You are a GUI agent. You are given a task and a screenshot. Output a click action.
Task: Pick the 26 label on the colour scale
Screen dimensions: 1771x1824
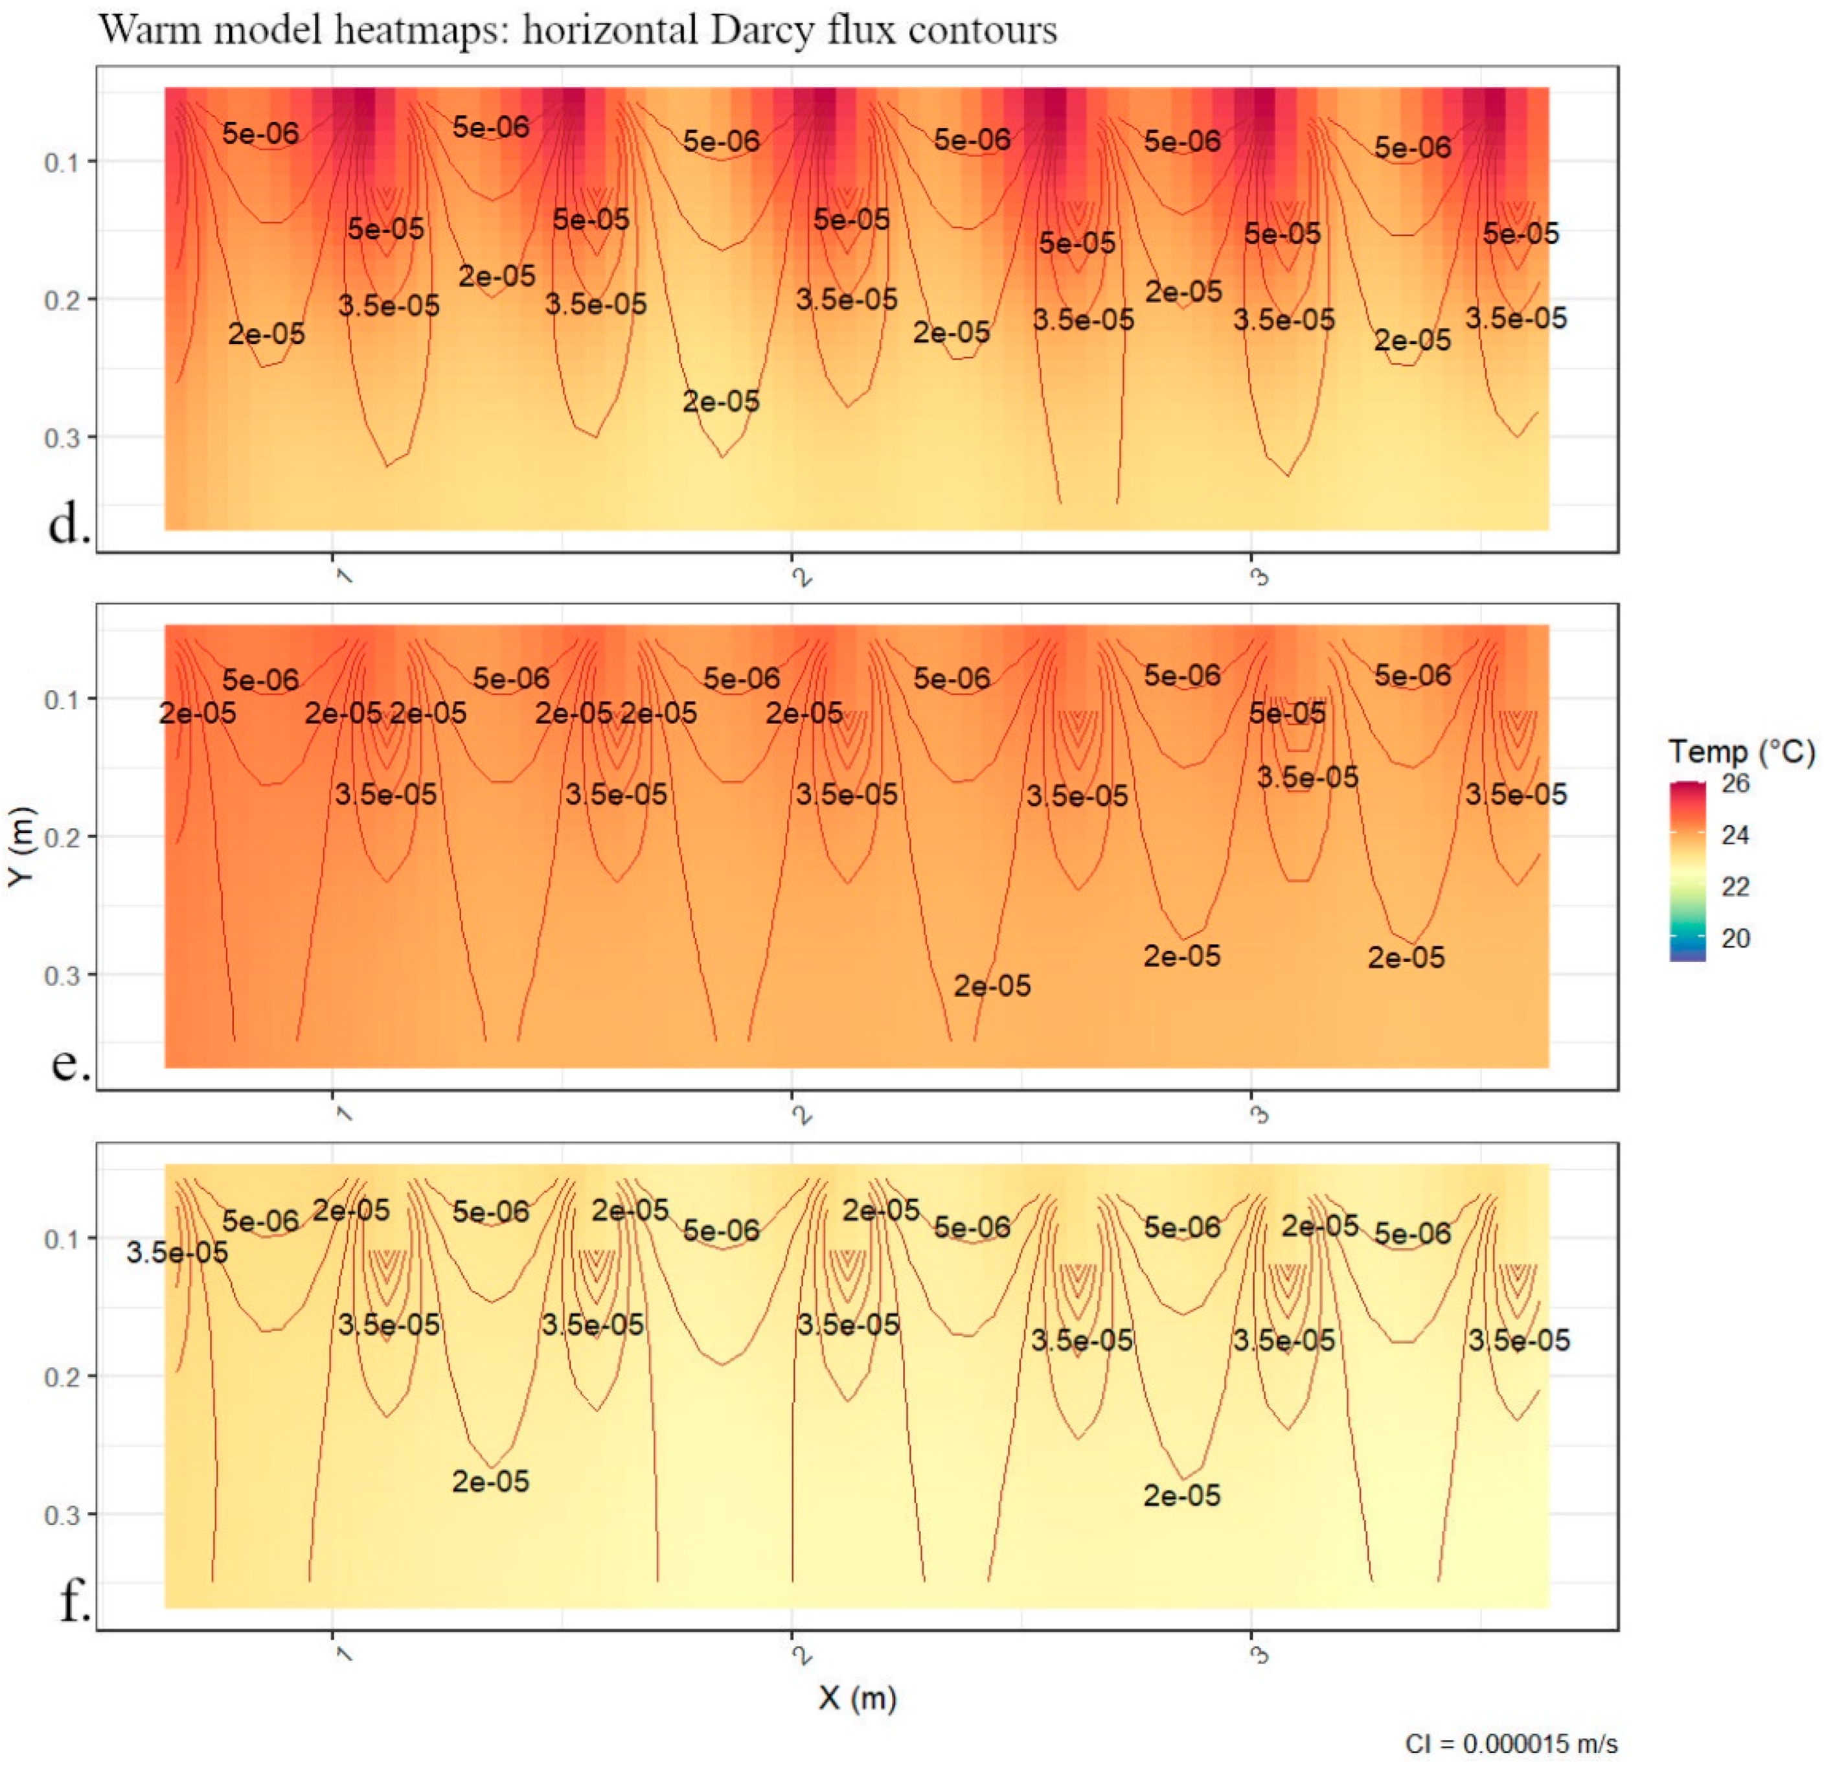point(1736,784)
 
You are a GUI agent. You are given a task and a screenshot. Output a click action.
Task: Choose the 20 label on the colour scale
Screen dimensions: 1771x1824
point(1736,938)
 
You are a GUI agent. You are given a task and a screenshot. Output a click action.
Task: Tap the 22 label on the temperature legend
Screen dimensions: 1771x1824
point(1736,886)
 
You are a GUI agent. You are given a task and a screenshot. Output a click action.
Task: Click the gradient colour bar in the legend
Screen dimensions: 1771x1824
point(1688,870)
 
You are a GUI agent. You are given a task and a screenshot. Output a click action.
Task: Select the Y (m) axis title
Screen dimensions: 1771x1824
point(21,847)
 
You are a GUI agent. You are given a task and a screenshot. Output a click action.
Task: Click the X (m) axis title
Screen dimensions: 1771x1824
point(857,1698)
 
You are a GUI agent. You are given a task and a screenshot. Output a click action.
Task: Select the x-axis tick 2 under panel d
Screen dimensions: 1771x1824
point(801,577)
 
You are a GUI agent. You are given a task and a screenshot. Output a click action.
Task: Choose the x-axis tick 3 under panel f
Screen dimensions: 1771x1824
point(1259,1654)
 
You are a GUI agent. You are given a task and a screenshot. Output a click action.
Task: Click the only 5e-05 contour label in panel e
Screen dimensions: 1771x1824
point(1287,714)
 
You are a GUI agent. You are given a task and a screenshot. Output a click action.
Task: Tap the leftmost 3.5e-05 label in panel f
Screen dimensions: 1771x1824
point(177,1253)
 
